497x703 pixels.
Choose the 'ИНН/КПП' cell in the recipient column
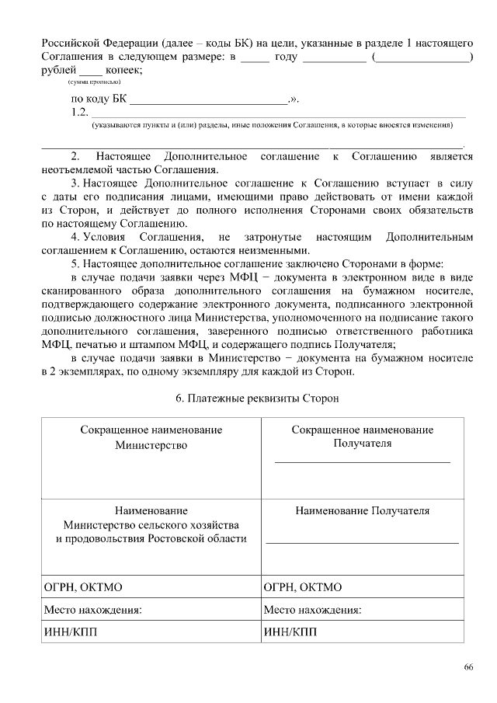click(x=290, y=632)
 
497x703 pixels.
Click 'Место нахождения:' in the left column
click(x=93, y=610)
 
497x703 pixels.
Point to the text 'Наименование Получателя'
click(x=363, y=511)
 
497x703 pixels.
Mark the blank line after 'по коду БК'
click(x=210, y=101)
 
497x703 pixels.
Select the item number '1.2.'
click(x=79, y=113)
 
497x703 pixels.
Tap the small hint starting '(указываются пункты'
click(x=271, y=125)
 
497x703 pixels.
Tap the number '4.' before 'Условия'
click(x=76, y=236)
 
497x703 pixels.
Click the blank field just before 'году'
click(x=255, y=57)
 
